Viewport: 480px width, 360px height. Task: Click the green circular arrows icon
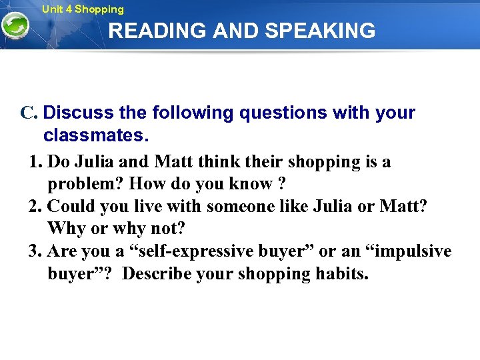pyautogui.click(x=15, y=27)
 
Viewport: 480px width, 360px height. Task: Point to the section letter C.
pyautogui.click(x=27, y=113)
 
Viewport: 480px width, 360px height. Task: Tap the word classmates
pyautogui.click(x=96, y=136)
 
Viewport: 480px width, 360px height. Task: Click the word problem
pyautogui.click(x=86, y=183)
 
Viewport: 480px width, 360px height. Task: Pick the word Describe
pyautogui.click(x=159, y=273)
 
